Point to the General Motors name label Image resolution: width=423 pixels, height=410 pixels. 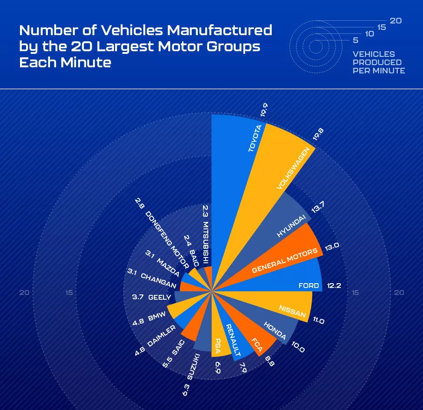[285, 261]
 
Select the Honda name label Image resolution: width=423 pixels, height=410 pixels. [275, 330]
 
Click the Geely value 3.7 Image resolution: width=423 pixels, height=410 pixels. [137, 298]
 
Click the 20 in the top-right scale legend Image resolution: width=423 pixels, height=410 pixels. [396, 20]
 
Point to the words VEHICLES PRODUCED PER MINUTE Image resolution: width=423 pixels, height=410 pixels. [379, 62]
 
